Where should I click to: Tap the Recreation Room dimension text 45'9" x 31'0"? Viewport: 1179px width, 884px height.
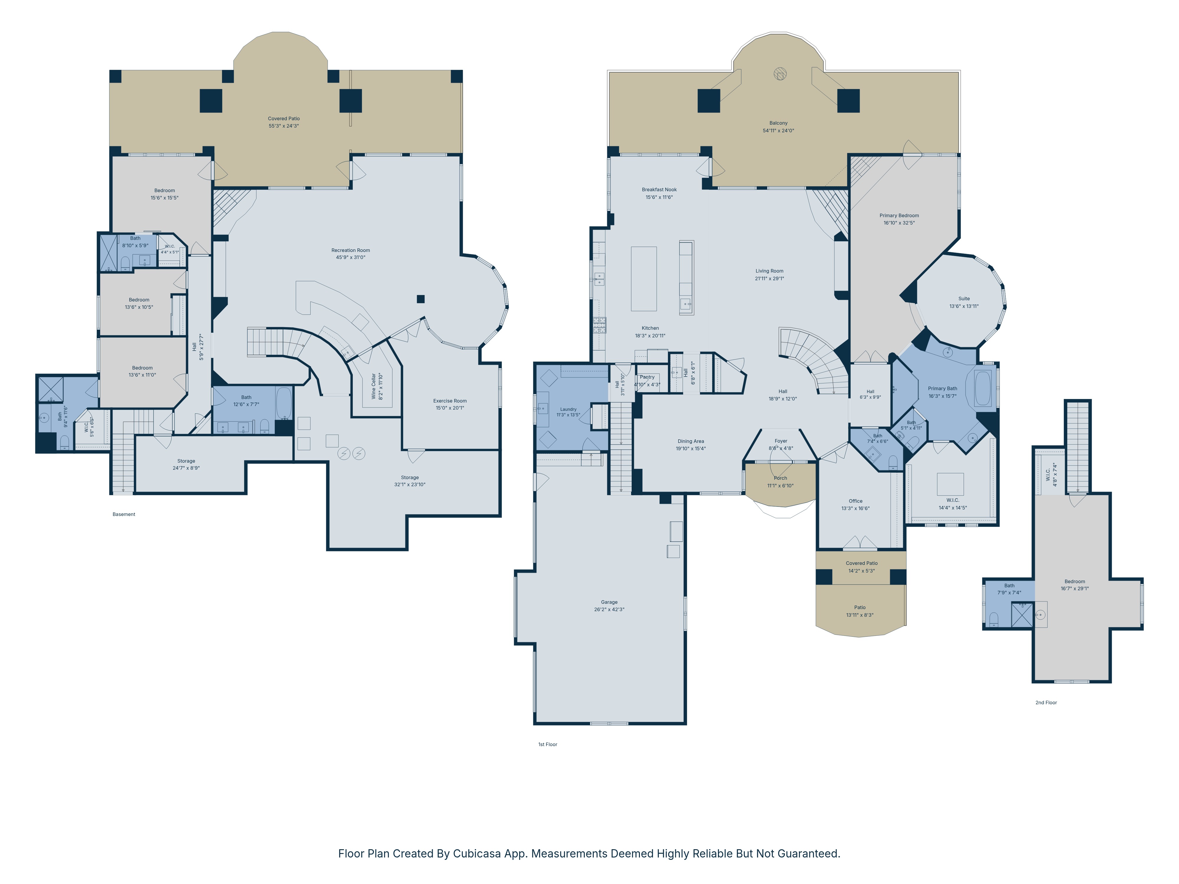pyautogui.click(x=351, y=257)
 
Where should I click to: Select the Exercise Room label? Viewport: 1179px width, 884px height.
pyautogui.click(x=450, y=401)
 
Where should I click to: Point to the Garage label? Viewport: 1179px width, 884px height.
pyautogui.click(x=609, y=602)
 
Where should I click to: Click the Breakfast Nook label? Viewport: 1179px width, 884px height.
pyautogui.click(x=659, y=190)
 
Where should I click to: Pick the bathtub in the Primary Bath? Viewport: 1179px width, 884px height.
pyautogui.click(x=983, y=388)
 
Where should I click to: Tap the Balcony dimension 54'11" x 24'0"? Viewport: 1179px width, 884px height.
pyautogui.click(x=778, y=131)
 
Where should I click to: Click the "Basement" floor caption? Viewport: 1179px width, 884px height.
pyautogui.click(x=124, y=514)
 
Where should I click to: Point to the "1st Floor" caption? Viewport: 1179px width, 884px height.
pyautogui.click(x=547, y=744)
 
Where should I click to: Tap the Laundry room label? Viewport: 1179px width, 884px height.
pyautogui.click(x=568, y=409)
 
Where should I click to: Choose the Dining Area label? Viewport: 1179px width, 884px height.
pyautogui.click(x=691, y=441)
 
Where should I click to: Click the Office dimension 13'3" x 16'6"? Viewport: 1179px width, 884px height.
pyautogui.click(x=855, y=508)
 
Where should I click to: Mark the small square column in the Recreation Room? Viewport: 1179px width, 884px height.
pyautogui.click(x=421, y=299)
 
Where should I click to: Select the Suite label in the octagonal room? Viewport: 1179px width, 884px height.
pyautogui.click(x=964, y=299)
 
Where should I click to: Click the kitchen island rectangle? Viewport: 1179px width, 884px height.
pyautogui.click(x=644, y=279)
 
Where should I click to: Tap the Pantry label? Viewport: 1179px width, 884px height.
pyautogui.click(x=647, y=377)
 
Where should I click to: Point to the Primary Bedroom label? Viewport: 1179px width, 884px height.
pyautogui.click(x=899, y=216)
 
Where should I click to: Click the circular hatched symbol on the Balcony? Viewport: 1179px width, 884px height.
pyautogui.click(x=780, y=74)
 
